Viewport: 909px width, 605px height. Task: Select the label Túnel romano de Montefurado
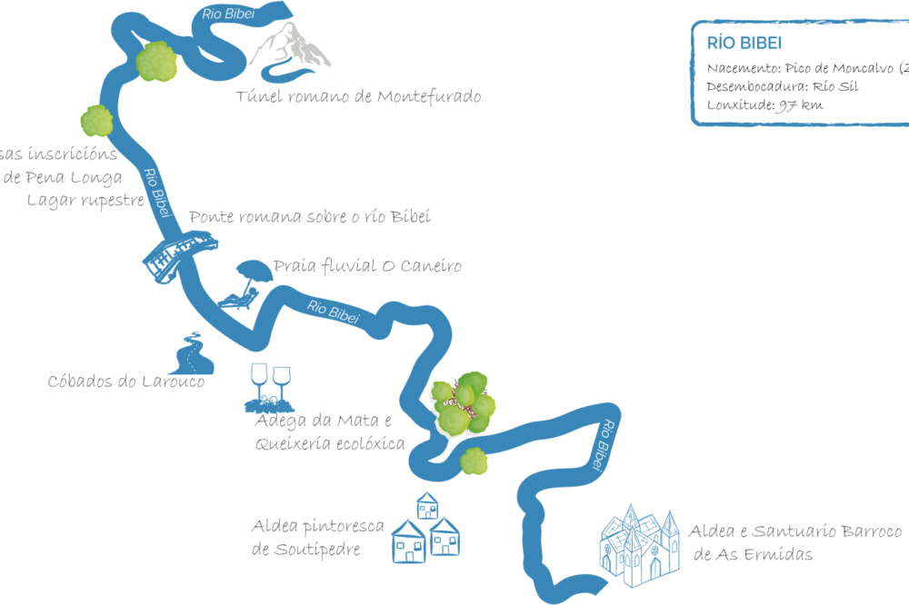coord(357,96)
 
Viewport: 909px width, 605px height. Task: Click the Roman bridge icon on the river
coord(182,254)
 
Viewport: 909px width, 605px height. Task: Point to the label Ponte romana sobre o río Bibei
coord(309,217)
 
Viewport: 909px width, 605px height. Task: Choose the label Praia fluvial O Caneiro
coord(367,266)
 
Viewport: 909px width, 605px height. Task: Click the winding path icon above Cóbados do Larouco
coord(194,354)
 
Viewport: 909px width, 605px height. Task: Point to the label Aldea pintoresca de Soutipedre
coord(318,538)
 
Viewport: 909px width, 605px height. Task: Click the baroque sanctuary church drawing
coord(639,545)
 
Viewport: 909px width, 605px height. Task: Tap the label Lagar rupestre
coord(85,198)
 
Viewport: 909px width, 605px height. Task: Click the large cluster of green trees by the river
coord(462,402)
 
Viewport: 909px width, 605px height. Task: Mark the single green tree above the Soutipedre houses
coord(474,461)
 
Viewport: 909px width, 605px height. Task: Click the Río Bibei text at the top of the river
coord(227,13)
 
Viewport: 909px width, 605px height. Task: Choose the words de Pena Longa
coord(62,176)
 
